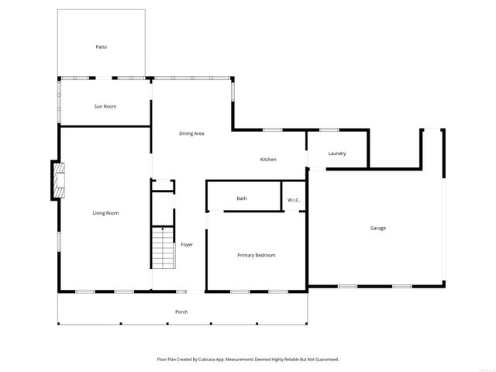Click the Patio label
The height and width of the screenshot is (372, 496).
pos(101,47)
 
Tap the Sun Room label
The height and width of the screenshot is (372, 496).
pos(105,106)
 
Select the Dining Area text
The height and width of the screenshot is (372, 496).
pos(191,134)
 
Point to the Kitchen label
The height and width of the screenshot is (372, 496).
pos(268,160)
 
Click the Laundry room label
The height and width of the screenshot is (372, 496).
pos(336,153)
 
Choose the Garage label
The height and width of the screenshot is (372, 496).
pos(377,228)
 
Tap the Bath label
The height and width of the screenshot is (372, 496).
pos(242,199)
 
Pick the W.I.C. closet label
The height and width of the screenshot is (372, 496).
pos(294,201)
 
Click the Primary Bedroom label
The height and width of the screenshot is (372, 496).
pos(256,255)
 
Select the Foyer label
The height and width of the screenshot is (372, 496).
pos(187,245)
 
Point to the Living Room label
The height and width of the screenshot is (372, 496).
pos(105,213)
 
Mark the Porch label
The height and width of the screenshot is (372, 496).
pos(181,312)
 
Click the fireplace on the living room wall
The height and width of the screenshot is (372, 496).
pos(57,181)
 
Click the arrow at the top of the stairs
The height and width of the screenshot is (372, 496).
pos(162,229)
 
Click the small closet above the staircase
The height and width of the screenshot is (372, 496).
pos(163,184)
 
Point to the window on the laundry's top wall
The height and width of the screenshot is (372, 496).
pos(329,129)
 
